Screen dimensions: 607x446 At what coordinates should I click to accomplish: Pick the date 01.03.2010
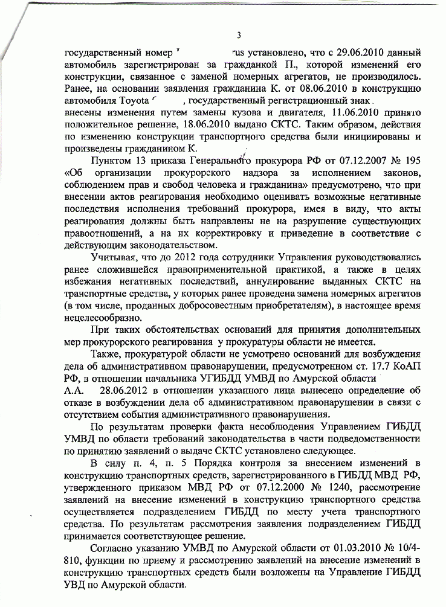click(x=349, y=549)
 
